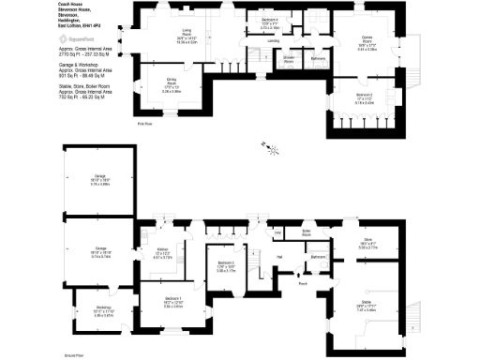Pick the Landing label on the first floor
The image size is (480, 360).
tap(274, 41)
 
